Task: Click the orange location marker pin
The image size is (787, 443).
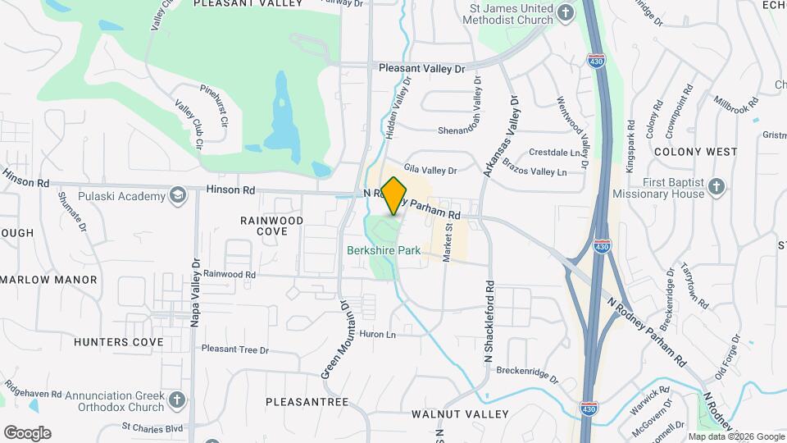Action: [x=394, y=195]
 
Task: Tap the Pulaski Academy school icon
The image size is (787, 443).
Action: [x=176, y=195]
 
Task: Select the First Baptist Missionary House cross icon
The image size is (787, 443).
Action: [x=716, y=187]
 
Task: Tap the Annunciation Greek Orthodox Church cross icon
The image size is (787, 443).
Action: [x=176, y=401]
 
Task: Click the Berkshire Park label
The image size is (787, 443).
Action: [x=384, y=250]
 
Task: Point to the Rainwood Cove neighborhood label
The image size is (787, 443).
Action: [x=271, y=226]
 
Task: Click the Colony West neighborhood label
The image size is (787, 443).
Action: [x=696, y=152]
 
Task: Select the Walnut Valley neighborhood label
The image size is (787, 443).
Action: [x=460, y=414]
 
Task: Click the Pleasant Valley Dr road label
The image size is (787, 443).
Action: [x=421, y=69]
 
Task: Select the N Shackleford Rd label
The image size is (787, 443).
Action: [x=489, y=322]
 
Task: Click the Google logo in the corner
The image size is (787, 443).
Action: [x=27, y=433]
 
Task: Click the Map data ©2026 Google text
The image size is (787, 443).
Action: [x=735, y=436]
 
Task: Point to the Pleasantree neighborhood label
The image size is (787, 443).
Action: [x=307, y=402]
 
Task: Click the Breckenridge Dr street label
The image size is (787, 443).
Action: [x=527, y=374]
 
